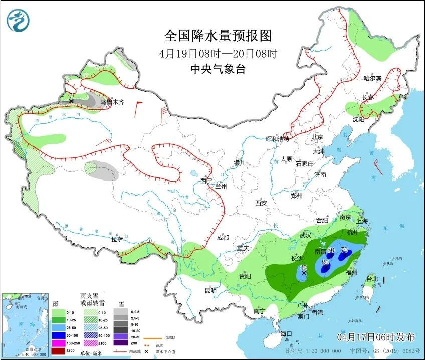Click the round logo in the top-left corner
(x=19, y=21)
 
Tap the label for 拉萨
(x=117, y=240)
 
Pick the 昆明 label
(x=210, y=290)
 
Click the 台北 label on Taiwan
(x=371, y=279)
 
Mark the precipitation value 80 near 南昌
(x=325, y=262)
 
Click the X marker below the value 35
(x=303, y=273)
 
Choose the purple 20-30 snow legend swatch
(x=120, y=336)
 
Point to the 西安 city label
(x=261, y=203)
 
